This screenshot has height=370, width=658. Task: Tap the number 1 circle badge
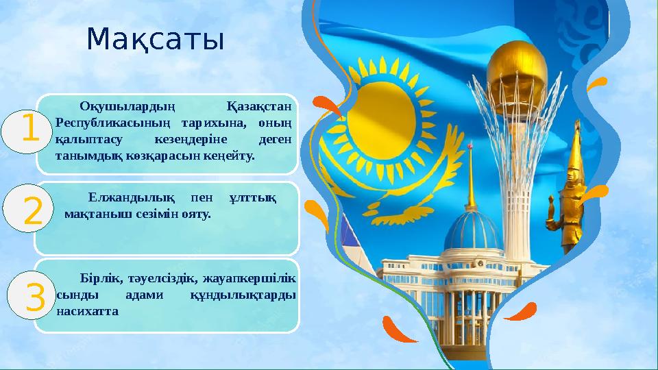[29, 132]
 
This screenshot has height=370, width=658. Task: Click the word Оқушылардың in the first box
[127, 106]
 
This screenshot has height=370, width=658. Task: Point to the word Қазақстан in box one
[258, 106]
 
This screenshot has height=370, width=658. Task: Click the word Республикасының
[110, 123]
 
